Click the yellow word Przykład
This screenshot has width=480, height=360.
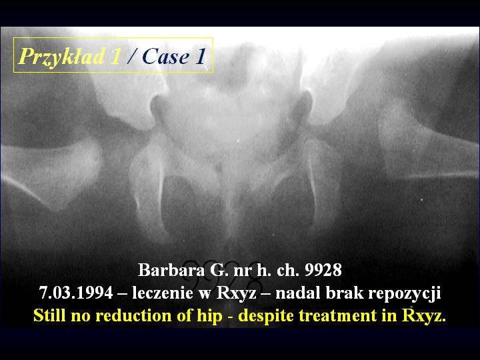click(62, 57)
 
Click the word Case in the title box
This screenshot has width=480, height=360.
click(165, 57)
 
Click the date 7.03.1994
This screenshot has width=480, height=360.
click(76, 293)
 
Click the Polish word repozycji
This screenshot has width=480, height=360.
click(405, 293)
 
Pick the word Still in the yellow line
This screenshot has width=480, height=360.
click(49, 315)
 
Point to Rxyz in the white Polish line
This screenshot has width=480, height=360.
click(236, 293)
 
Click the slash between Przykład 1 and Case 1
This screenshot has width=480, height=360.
click(131, 57)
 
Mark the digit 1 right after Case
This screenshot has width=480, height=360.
click(201, 57)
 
